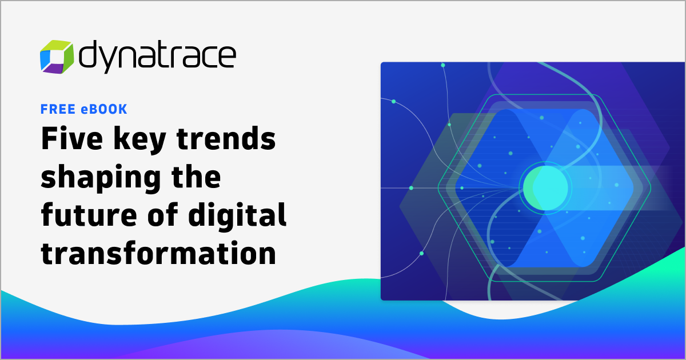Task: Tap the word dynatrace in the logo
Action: pos(157,55)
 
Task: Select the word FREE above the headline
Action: pos(55,109)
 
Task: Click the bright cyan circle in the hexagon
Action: pos(546,186)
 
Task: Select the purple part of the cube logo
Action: pos(53,69)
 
